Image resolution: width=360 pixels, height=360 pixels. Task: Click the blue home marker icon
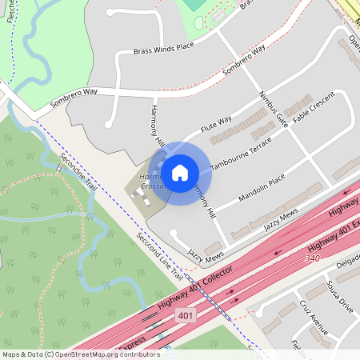point(180,173)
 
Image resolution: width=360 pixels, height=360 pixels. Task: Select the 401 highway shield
point(186,315)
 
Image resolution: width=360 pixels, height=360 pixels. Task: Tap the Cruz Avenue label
point(314,320)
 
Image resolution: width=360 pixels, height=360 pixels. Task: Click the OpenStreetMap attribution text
point(81,354)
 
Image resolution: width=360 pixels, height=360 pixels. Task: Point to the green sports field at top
point(194,4)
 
